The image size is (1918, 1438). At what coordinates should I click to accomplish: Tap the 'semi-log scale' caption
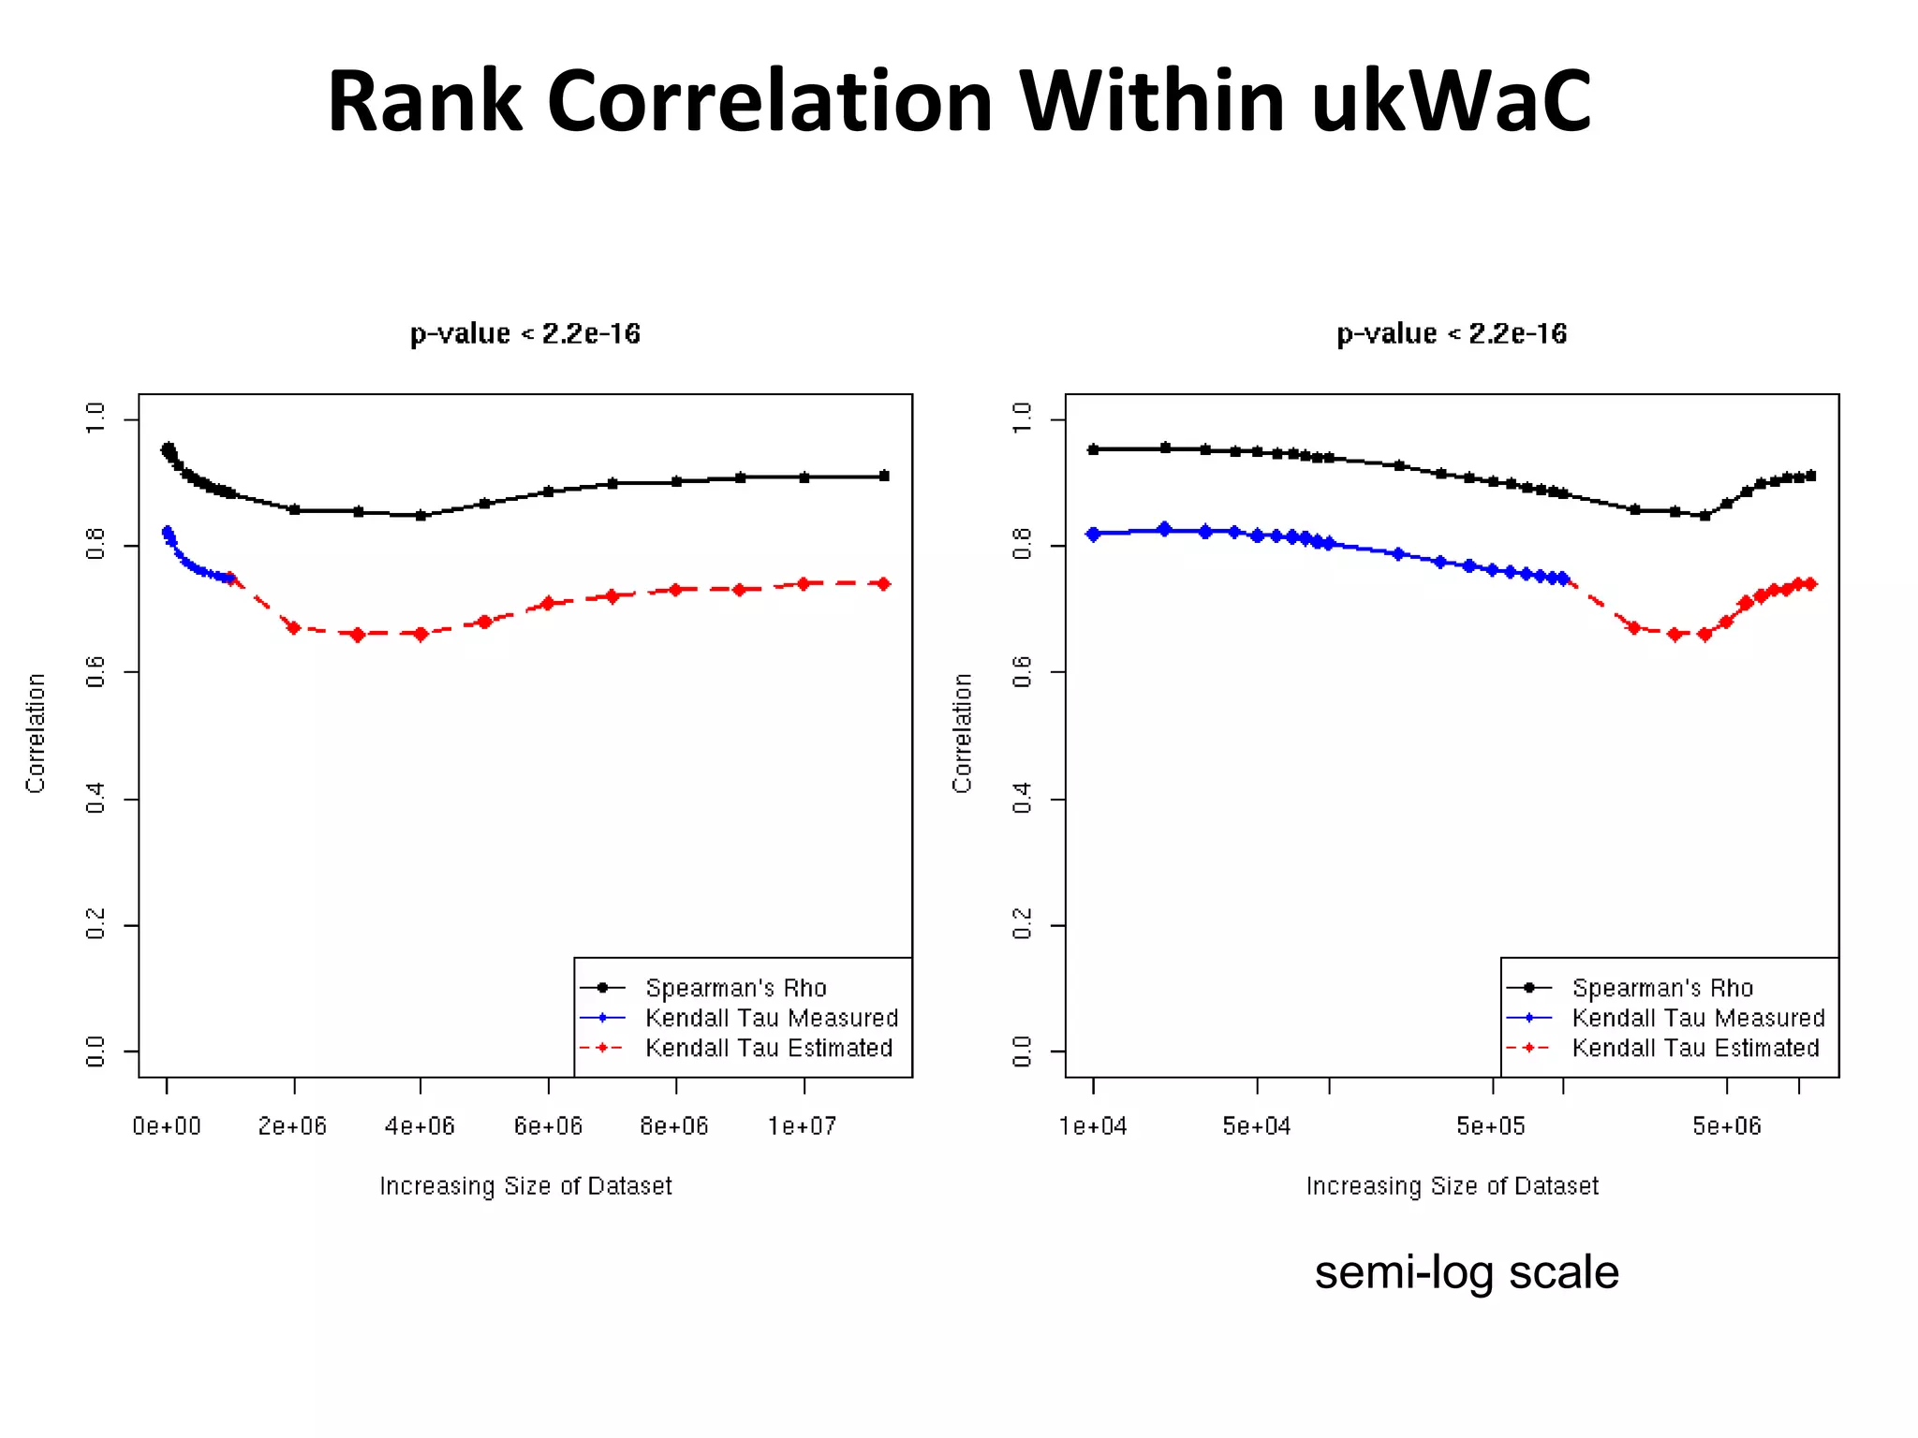click(x=1466, y=1272)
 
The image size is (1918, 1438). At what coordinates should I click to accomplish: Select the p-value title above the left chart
click(x=524, y=334)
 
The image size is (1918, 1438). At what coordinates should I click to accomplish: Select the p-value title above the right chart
click(x=1452, y=334)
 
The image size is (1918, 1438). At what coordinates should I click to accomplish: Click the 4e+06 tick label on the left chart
click(x=420, y=1126)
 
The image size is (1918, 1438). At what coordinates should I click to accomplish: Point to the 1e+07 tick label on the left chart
click(x=802, y=1126)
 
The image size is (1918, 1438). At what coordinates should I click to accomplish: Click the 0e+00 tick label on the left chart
click(x=167, y=1126)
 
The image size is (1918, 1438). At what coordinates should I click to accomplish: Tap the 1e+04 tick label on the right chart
click(x=1093, y=1126)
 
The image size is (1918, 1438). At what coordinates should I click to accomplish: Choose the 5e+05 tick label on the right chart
click(x=1491, y=1126)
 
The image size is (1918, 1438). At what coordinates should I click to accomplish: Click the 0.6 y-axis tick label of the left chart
click(x=96, y=671)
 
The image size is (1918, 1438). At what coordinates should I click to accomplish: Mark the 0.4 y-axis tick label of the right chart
click(x=1023, y=799)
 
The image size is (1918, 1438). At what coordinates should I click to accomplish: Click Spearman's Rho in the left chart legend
click(x=735, y=988)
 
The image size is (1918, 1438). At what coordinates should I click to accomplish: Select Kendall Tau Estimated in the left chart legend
click(x=768, y=1048)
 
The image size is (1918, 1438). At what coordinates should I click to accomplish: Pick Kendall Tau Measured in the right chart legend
click(x=1698, y=1018)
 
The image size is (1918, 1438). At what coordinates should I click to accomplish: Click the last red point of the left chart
click(x=883, y=583)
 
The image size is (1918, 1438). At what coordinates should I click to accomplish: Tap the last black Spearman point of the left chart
click(x=884, y=476)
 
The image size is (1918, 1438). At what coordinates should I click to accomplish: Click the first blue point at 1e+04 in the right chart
click(x=1093, y=534)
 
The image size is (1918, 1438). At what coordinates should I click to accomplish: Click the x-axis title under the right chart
click(x=1452, y=1186)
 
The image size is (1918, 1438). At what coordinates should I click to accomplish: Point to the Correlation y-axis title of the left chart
click(x=36, y=733)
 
